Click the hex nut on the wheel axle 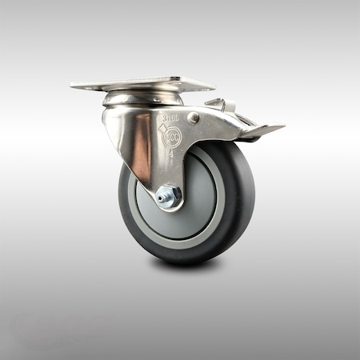168,197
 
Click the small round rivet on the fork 193,118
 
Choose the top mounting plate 142,84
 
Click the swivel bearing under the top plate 142,98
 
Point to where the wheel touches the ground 180,262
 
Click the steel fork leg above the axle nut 164,168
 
